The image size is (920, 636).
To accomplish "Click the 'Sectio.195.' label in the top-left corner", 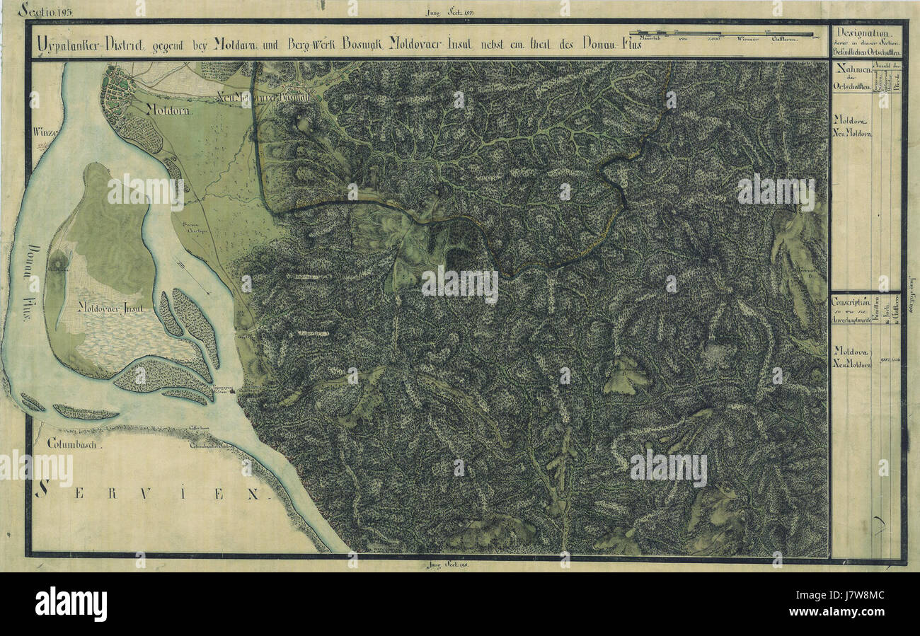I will click(x=45, y=10).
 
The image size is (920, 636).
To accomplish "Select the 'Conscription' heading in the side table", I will click(x=850, y=301).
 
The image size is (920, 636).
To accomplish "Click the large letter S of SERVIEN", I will click(x=42, y=488).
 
